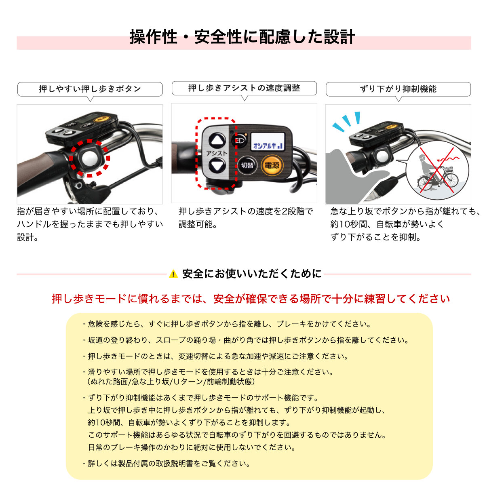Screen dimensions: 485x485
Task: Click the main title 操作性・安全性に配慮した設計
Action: click(242, 37)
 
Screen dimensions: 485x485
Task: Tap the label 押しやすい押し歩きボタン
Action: click(90, 89)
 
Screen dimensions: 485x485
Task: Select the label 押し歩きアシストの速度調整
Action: click(244, 88)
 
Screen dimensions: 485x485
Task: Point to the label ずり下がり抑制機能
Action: click(398, 89)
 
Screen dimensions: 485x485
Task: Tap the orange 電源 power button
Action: click(271, 165)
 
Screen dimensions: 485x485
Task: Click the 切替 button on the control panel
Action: click(247, 165)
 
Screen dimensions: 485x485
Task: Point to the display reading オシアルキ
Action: click(268, 143)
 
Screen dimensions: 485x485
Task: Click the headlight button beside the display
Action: click(238, 141)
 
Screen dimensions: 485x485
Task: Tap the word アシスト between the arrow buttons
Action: click(217, 153)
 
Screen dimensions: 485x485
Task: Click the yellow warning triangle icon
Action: click(173, 274)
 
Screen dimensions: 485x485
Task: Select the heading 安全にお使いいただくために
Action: click(252, 274)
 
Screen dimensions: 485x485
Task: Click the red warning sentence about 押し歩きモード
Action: click(251, 299)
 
